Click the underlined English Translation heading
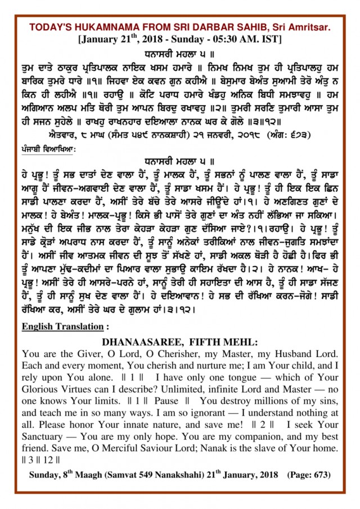click(x=61, y=327)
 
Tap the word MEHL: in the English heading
click(x=239, y=342)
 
